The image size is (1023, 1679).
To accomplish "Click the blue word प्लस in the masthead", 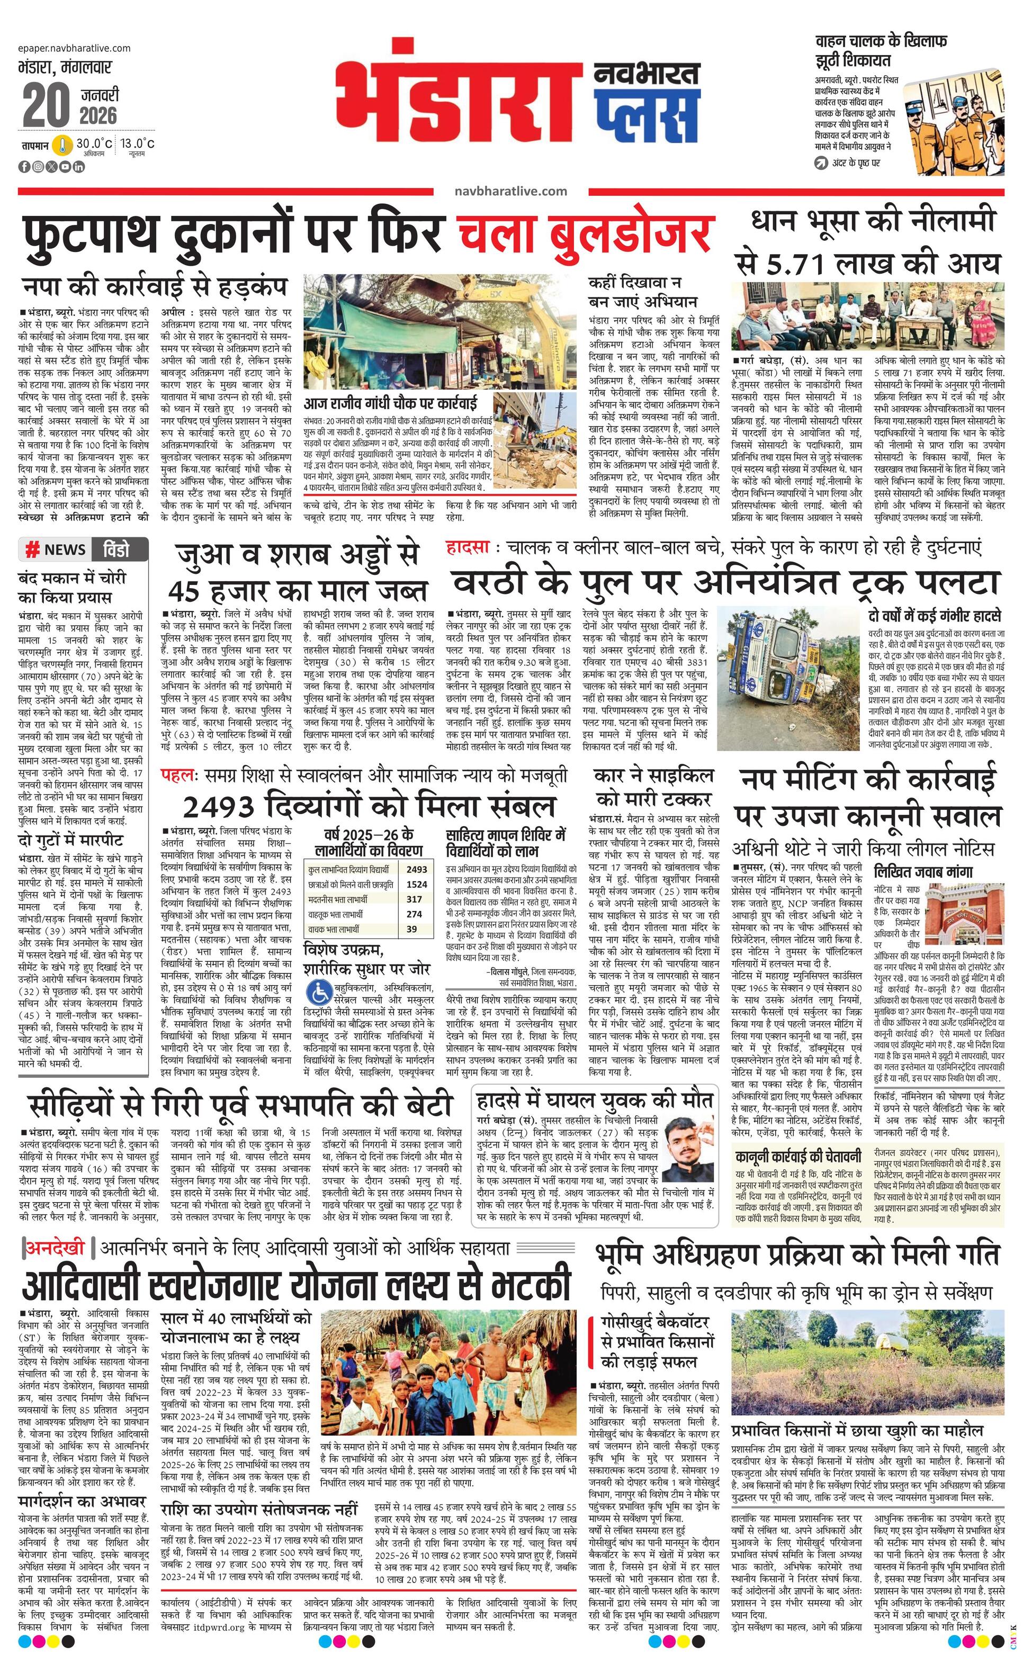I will click(646, 117).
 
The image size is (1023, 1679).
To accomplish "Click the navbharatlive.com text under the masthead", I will click(511, 192).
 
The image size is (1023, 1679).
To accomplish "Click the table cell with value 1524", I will click(416, 884).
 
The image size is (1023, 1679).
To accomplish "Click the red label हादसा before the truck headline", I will click(468, 548).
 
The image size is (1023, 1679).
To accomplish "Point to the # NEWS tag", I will click(56, 550).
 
